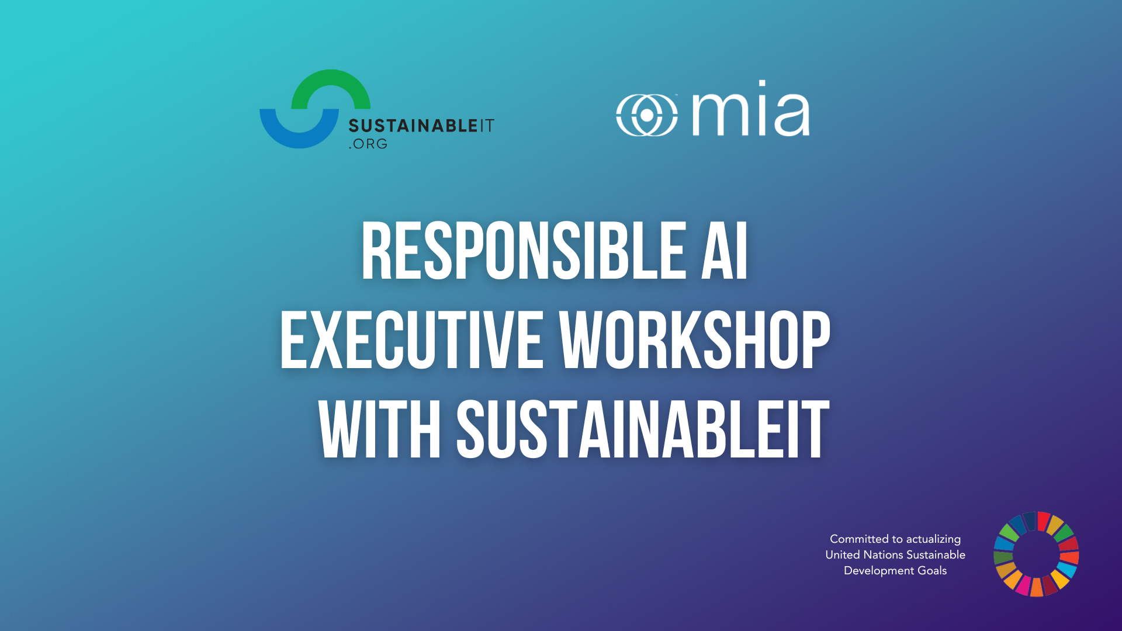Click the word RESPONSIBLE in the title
pyautogui.click(x=523, y=251)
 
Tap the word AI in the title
pyautogui.click(x=725, y=251)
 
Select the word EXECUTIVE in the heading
pyautogui.click(x=411, y=340)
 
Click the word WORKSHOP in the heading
pyautogui.click(x=694, y=340)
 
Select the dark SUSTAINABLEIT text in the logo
pyautogui.click(x=421, y=126)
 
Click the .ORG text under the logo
pyautogui.click(x=368, y=144)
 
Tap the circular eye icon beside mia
pyautogui.click(x=647, y=115)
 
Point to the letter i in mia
pyautogui.click(x=763, y=108)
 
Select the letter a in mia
pyautogui.click(x=793, y=115)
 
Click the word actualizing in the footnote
pyautogui.click(x=933, y=539)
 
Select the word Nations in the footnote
pyautogui.click(x=883, y=554)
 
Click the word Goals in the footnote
pyautogui.click(x=932, y=570)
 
